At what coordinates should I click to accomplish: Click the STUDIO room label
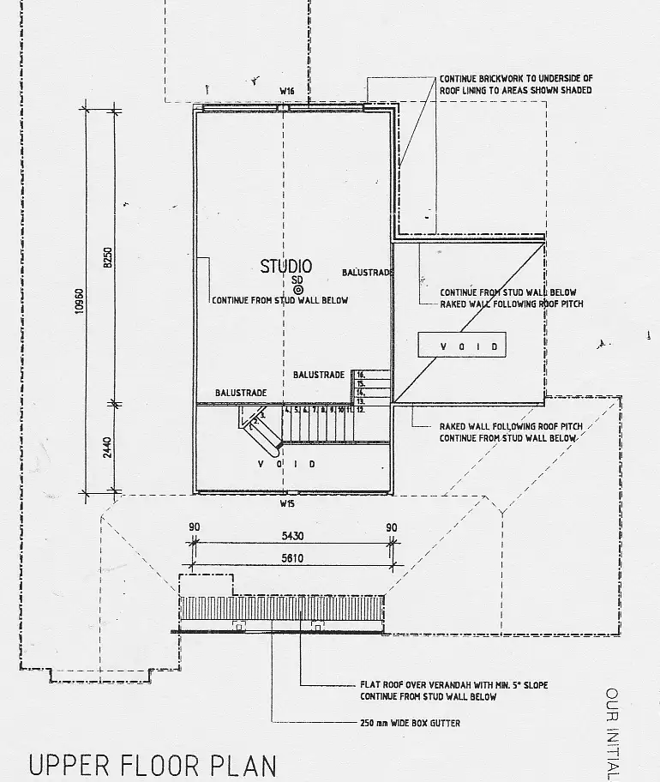pos(286,267)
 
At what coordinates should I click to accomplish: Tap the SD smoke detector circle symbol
pos(298,291)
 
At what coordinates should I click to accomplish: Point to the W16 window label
pos(286,90)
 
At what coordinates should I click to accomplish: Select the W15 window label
pos(286,503)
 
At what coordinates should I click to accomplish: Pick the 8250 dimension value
pos(108,256)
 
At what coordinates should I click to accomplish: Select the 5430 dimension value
pos(292,536)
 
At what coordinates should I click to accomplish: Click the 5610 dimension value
pos(292,557)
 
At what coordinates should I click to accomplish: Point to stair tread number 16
pos(361,375)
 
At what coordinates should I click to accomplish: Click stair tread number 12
pos(361,410)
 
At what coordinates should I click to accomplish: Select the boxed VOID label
pos(458,346)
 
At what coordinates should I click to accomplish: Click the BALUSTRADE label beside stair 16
pos(319,375)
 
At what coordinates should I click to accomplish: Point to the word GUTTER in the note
pos(445,724)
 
